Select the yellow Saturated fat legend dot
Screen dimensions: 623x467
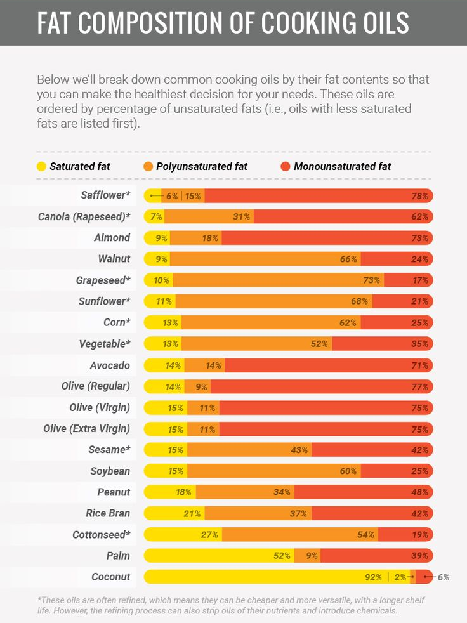coord(41,167)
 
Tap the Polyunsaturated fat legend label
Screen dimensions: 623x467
coord(201,167)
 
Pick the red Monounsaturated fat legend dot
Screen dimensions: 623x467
coord(285,167)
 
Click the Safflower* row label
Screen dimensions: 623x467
coord(105,195)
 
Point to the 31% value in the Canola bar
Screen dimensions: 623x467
coord(241,216)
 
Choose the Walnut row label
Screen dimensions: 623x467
coord(114,259)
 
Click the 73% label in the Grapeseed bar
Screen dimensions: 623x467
coord(372,280)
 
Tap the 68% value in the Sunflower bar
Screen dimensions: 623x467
coord(359,301)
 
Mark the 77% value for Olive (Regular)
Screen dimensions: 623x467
coord(420,386)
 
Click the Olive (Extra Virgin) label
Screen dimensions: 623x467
coord(86,429)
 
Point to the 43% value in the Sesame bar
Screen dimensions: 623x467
coord(299,450)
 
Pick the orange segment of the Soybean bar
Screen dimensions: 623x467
coord(273,471)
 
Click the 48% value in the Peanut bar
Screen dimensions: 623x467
coord(420,492)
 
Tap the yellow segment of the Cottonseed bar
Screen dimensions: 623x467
coord(181,535)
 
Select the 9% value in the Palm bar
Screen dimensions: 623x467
coord(312,556)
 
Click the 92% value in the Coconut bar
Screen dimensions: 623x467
coord(373,577)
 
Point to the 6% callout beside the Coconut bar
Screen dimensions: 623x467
coord(443,577)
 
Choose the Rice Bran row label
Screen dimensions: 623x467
coord(108,513)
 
